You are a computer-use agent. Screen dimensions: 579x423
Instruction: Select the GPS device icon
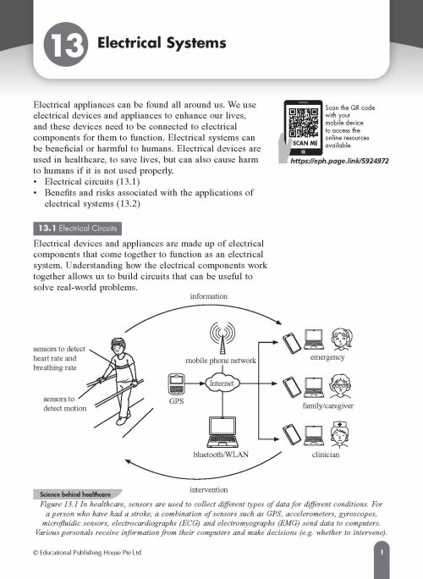tap(177, 386)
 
